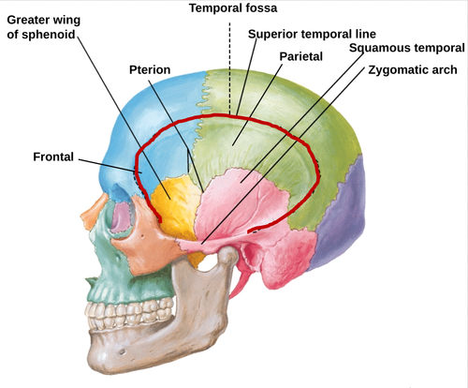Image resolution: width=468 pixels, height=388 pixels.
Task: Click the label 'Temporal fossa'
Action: click(x=233, y=8)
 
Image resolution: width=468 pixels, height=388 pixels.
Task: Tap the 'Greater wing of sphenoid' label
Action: click(x=44, y=27)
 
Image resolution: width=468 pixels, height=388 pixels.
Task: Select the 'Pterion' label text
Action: click(x=150, y=69)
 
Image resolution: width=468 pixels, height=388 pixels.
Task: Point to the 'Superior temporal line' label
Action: click(x=312, y=34)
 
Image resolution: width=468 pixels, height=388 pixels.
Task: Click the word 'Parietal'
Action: click(x=301, y=56)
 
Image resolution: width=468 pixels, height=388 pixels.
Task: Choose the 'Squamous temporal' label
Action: click(x=407, y=48)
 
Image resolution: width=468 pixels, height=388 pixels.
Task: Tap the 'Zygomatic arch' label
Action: click(x=413, y=70)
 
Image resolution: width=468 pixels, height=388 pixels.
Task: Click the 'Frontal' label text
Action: click(x=53, y=157)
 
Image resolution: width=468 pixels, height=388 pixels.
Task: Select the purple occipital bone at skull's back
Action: click(x=340, y=213)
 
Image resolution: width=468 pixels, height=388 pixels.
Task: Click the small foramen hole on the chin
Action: click(x=122, y=352)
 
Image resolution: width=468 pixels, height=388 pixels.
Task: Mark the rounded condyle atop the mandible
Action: click(x=228, y=254)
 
